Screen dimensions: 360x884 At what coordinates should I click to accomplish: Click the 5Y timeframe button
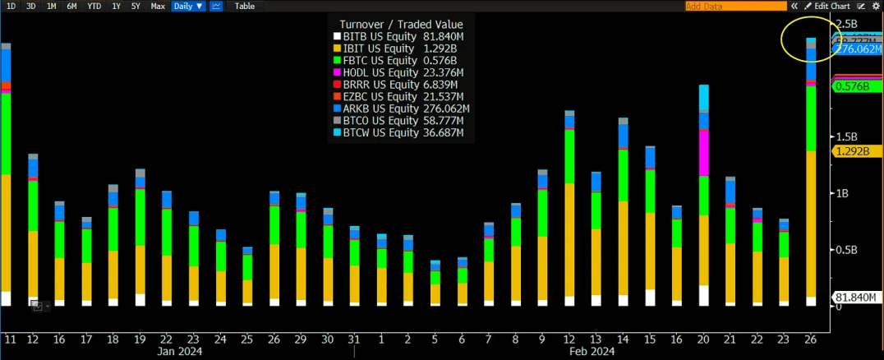point(136,6)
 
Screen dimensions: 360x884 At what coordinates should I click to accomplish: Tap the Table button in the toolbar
point(244,6)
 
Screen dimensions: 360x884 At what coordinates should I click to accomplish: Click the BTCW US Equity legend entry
point(403,132)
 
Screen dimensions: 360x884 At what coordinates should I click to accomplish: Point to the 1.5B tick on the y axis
point(845,136)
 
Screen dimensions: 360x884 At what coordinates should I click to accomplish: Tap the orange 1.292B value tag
point(854,151)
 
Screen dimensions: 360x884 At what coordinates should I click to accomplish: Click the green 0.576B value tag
point(854,86)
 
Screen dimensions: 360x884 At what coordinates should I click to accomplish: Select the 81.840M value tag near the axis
point(855,297)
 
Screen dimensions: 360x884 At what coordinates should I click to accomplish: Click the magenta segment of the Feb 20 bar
point(703,152)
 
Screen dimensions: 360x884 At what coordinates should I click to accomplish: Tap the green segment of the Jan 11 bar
point(7,132)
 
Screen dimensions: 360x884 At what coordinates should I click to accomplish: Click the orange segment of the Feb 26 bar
point(811,222)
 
